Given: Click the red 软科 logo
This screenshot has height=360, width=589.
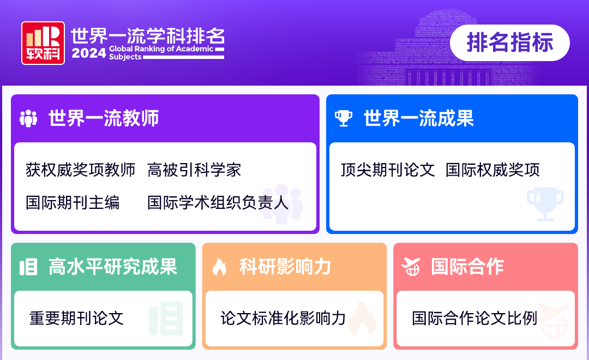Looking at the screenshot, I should pos(43,43).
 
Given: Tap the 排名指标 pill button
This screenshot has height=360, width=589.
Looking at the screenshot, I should pos(510,43).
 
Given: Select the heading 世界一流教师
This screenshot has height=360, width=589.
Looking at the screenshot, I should pos(104,118).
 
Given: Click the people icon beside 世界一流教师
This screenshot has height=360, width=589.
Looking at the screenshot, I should pos(28,118).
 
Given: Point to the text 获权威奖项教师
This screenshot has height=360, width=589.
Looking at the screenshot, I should pos(80,170).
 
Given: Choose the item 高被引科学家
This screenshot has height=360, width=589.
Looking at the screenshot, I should pos(194,170).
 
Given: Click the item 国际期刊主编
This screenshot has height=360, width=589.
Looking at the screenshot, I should pos(73,202).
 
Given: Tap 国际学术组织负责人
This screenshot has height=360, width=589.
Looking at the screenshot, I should pos(218,202).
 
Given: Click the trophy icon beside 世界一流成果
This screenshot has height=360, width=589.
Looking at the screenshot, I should pos(344,118).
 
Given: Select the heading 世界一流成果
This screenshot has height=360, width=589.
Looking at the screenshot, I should pos(419,118).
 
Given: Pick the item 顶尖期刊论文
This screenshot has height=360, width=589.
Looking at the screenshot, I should pos(388,170).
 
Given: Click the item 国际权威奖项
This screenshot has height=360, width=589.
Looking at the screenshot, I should pos(492,170).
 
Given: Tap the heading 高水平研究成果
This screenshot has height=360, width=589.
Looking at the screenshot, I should pos(113,267).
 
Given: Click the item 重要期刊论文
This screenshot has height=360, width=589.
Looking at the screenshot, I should pos(76,318).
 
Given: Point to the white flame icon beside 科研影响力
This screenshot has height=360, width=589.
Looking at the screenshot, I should pos(219,267).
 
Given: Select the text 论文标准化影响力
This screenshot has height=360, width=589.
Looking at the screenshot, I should pos(283,318).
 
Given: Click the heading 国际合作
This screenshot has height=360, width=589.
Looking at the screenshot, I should pos(467,267).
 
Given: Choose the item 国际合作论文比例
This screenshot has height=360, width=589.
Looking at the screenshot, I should pos(474,318).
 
